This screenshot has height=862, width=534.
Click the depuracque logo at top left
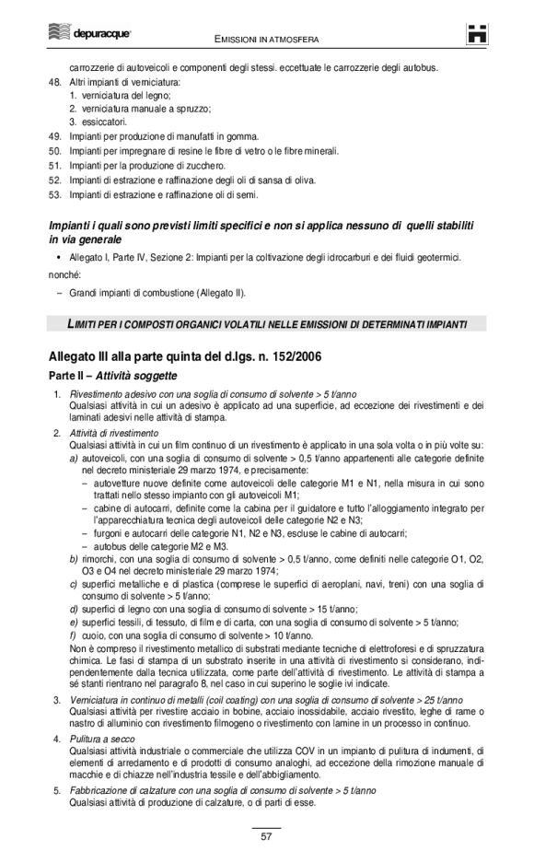pos(88,33)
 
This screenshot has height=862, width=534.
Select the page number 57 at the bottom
pos(266,835)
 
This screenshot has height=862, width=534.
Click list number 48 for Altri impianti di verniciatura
pos(54,82)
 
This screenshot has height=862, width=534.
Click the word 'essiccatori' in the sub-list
pos(103,122)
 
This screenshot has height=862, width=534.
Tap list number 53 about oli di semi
pos(54,194)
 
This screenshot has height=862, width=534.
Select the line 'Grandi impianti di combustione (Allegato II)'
pos(157,294)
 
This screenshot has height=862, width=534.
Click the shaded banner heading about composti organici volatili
pos(266,324)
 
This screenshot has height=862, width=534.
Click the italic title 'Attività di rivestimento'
pos(114,432)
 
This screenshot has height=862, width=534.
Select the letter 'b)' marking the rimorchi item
pos(74,559)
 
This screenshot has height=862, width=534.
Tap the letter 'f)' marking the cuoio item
pos(73,635)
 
